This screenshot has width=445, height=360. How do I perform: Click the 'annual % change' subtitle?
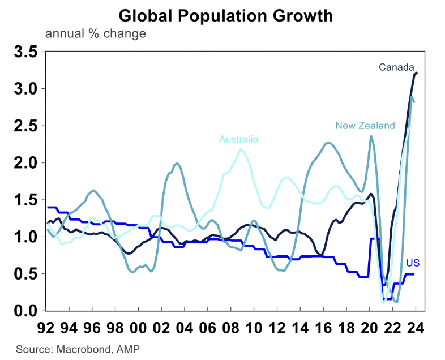pos(95,33)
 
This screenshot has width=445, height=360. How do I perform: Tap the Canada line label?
pos(397,68)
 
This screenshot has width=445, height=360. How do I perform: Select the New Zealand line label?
pos(365,126)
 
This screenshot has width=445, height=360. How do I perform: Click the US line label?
pos(413,262)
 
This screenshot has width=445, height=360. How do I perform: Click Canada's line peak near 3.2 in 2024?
pos(416,73)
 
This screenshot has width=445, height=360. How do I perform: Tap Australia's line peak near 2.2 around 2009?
pos(241,149)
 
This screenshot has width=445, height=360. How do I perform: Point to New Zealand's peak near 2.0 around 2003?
pos(177,164)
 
